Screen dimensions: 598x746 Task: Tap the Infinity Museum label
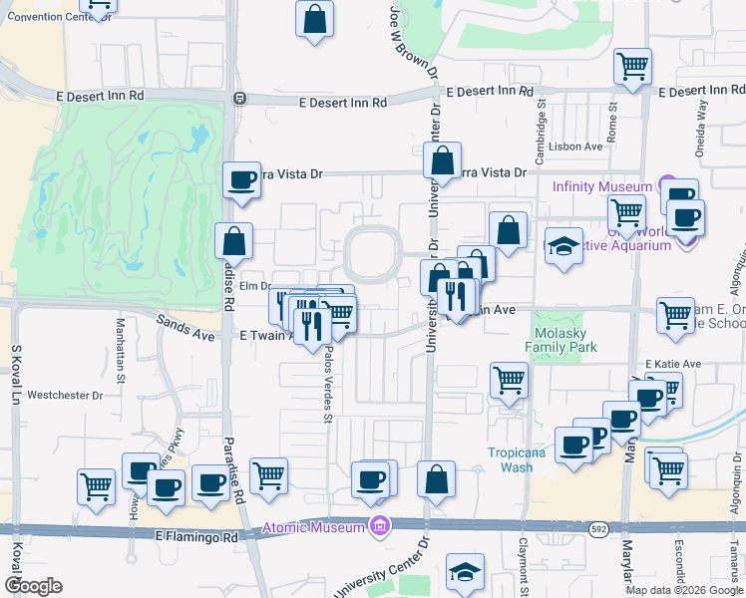click(x=603, y=185)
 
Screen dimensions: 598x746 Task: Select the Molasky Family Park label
click(x=565, y=340)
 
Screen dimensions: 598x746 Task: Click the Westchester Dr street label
click(x=65, y=396)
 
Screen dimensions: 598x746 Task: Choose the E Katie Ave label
click(x=674, y=364)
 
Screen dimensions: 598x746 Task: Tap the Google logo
click(x=33, y=586)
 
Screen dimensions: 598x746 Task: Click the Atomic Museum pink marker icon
click(x=378, y=525)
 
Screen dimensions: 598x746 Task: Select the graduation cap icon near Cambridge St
click(x=563, y=246)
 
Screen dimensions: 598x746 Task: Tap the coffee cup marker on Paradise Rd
click(x=240, y=180)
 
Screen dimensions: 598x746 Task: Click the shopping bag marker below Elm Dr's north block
click(x=233, y=241)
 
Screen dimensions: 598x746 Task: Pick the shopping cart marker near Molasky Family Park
click(x=509, y=380)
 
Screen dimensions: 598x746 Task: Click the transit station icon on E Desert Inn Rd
click(x=239, y=99)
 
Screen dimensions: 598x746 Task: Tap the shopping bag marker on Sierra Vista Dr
click(x=442, y=159)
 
